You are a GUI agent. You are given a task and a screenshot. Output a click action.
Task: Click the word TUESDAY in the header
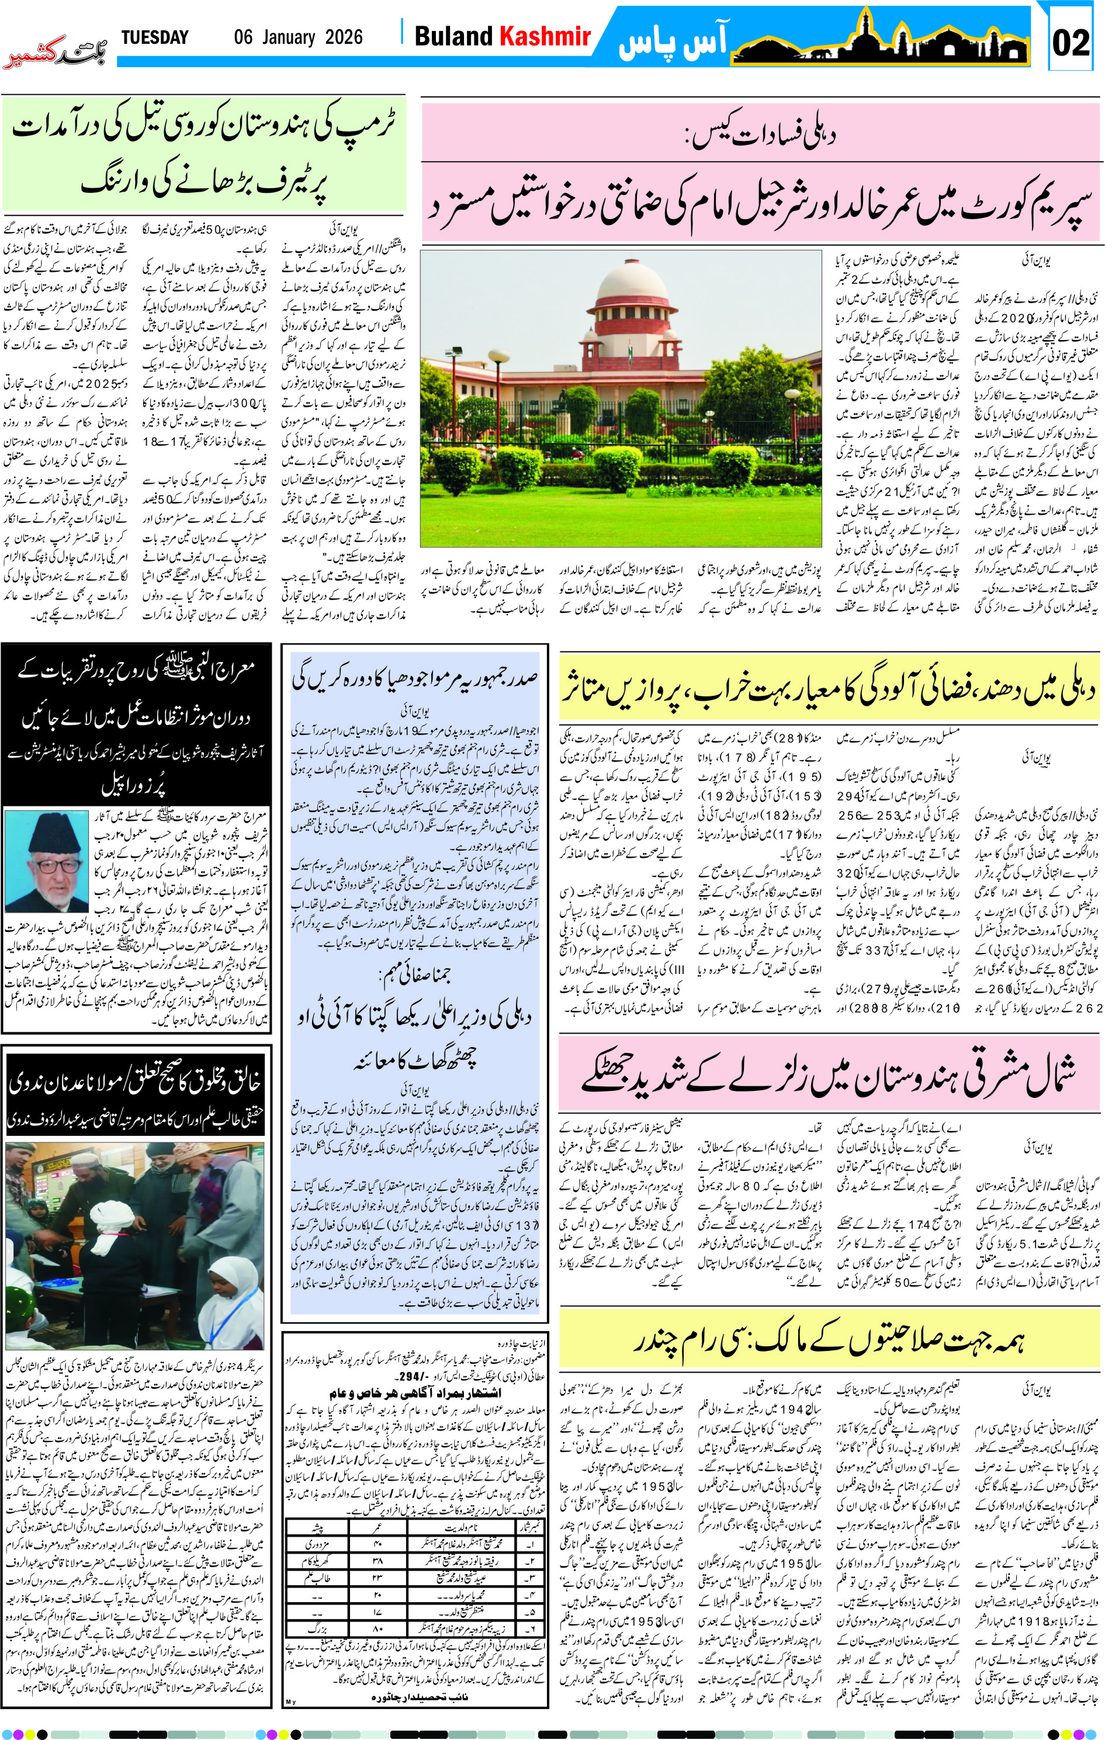click(155, 37)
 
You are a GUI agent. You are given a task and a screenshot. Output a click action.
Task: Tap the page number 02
click(1071, 43)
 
